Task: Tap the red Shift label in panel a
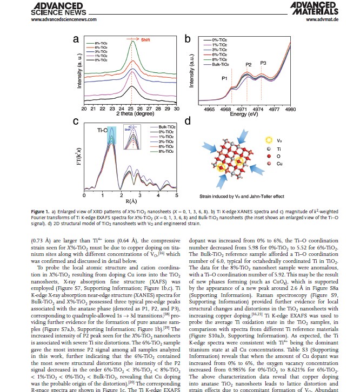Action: [147, 39]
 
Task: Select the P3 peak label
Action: [263, 63]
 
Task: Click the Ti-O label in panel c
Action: [102, 130]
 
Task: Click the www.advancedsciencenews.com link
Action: [64, 19]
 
